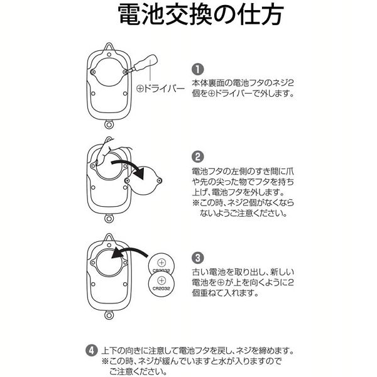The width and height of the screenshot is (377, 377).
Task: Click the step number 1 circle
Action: [x=197, y=70]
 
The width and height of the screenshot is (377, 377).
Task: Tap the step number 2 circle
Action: [x=197, y=156]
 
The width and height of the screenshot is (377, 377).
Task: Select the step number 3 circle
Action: [x=197, y=258]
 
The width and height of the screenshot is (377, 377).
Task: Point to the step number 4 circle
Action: [x=92, y=351]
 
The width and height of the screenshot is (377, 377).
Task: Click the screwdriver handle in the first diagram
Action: [x=146, y=62]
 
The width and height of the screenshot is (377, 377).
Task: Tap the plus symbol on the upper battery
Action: [x=162, y=262]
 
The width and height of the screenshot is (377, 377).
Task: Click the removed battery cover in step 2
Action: [x=144, y=180]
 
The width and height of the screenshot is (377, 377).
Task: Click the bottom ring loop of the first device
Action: [x=109, y=125]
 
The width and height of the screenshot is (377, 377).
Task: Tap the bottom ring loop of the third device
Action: [x=109, y=315]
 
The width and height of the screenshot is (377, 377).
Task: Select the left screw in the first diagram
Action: [x=93, y=72]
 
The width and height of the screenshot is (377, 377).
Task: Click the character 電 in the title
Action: [x=129, y=14]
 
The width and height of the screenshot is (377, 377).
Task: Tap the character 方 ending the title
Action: [x=271, y=14]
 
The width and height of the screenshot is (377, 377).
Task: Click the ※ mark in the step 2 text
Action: [x=195, y=203]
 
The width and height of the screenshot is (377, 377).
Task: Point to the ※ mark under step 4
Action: [x=105, y=361]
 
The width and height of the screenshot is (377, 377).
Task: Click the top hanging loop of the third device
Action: [x=109, y=238]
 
